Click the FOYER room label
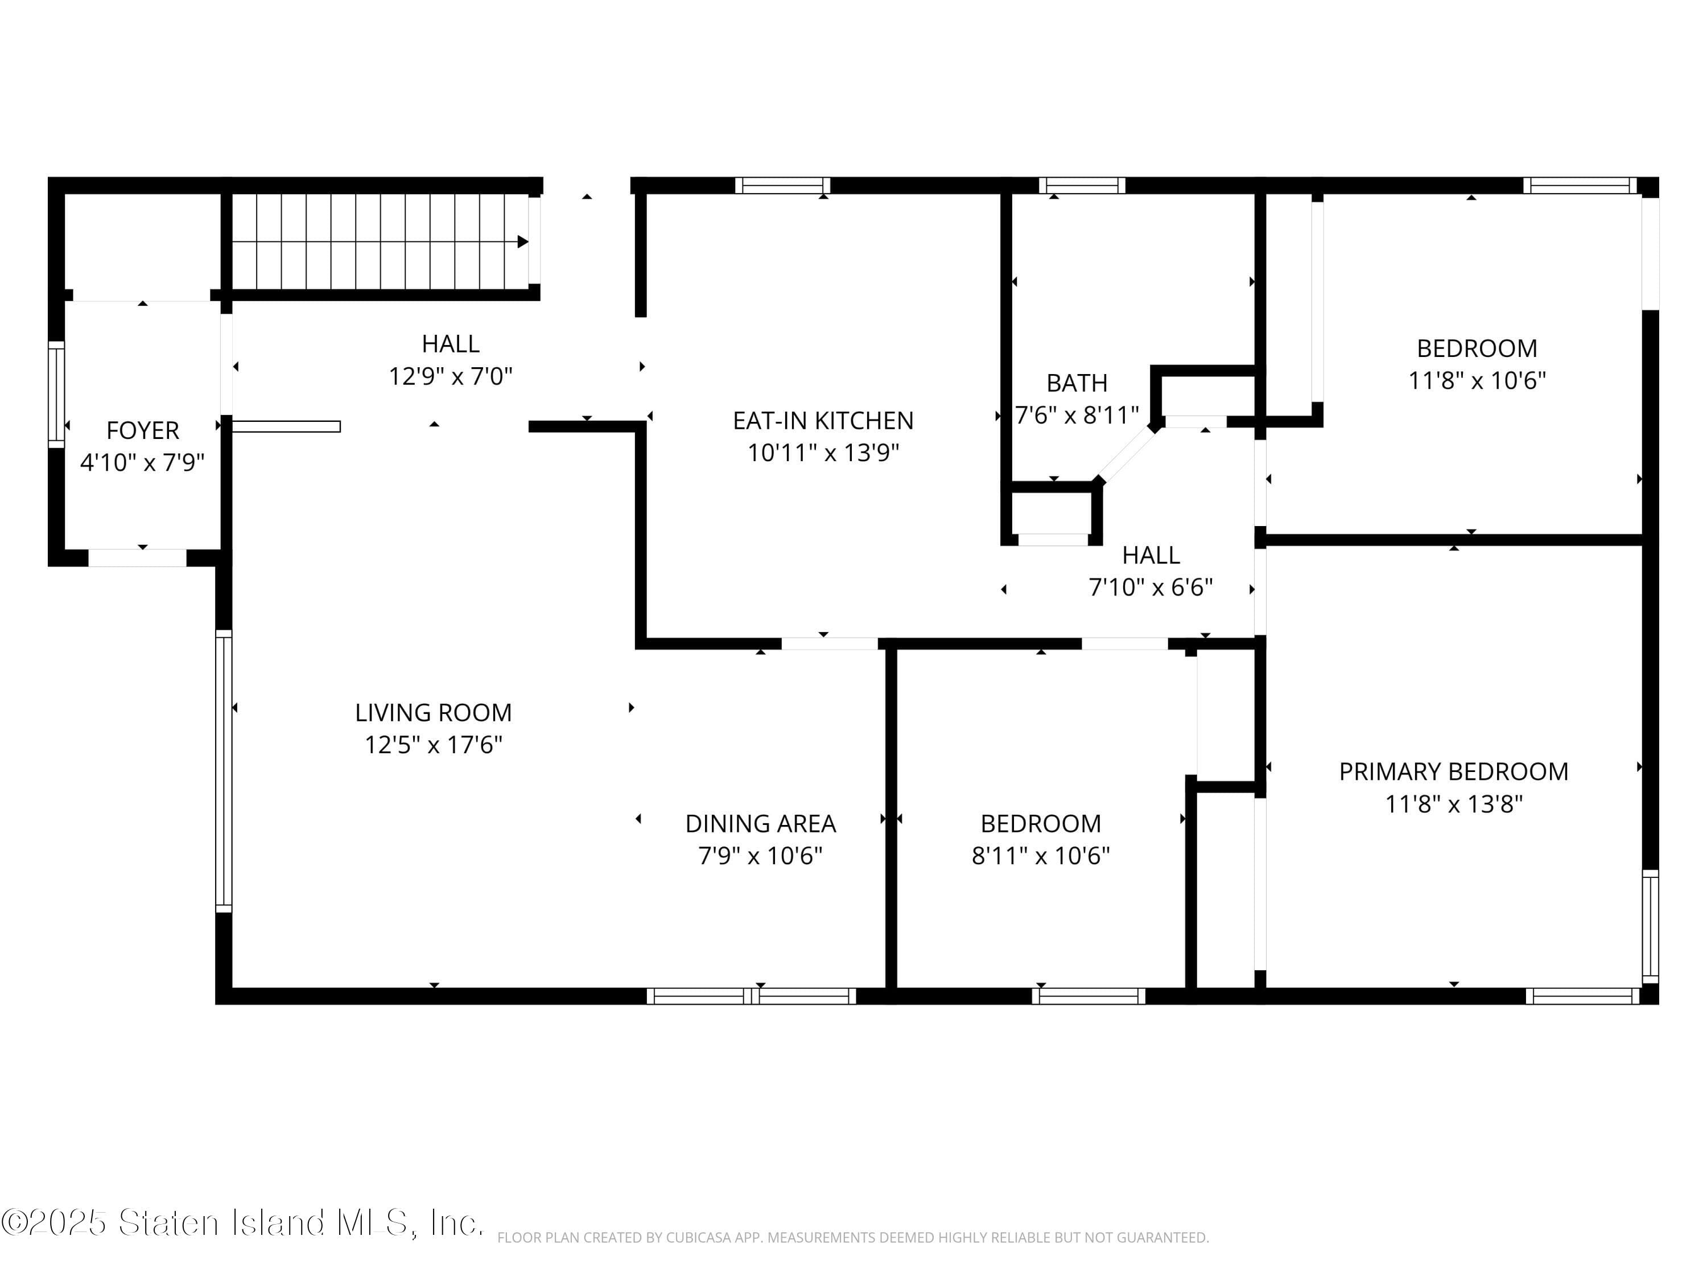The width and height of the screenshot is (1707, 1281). [x=143, y=430]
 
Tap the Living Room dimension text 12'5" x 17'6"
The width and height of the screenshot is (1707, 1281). [x=434, y=745]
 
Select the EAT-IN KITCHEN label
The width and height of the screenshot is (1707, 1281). [x=823, y=421]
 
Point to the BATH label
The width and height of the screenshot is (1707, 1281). [x=1077, y=383]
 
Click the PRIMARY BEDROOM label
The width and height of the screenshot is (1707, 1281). [x=1454, y=772]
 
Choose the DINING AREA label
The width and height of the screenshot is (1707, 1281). [x=761, y=824]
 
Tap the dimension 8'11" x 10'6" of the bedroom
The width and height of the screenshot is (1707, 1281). [x=1041, y=856]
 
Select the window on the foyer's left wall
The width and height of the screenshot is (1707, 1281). [x=56, y=395]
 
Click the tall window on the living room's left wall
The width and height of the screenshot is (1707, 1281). [x=223, y=771]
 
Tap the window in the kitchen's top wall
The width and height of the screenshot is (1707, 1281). [x=782, y=185]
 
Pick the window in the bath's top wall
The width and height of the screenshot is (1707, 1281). [x=1082, y=185]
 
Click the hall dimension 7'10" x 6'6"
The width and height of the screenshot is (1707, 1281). [x=1151, y=588]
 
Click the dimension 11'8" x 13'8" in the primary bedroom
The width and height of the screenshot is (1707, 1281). [x=1454, y=804]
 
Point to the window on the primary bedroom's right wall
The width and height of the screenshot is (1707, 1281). [x=1650, y=926]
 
